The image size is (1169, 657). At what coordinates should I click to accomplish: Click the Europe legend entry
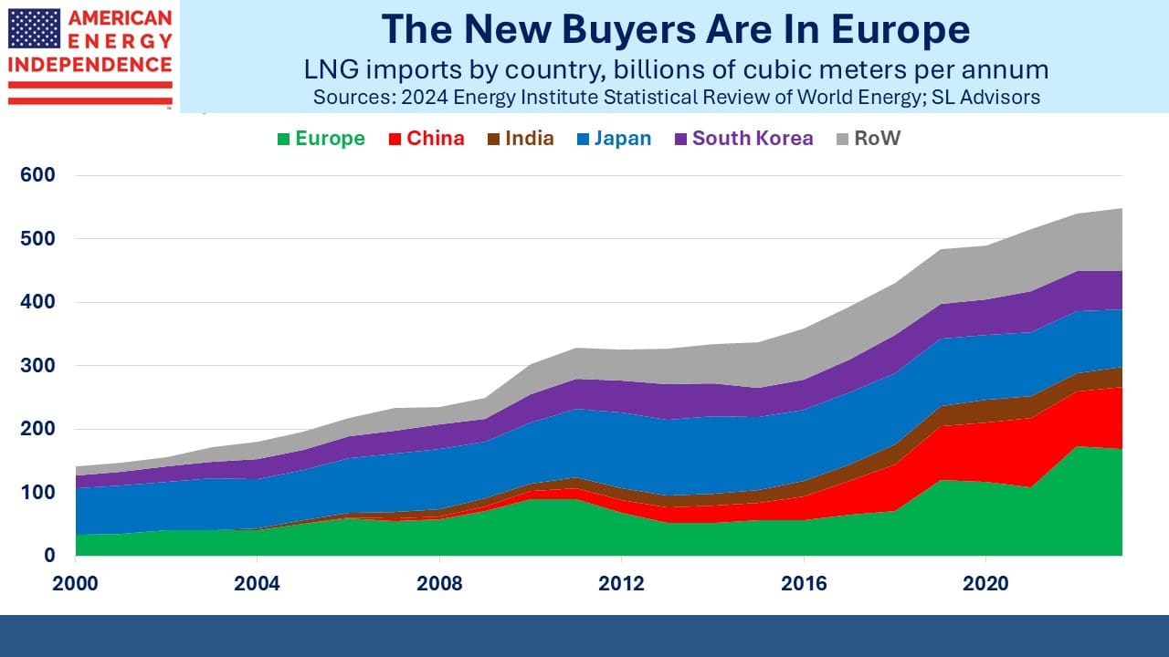click(321, 139)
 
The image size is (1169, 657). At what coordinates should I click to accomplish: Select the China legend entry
click(427, 139)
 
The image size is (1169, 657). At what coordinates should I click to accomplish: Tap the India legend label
click(530, 139)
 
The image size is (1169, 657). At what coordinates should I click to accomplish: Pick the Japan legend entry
click(615, 139)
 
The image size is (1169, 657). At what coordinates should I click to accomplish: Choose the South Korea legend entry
click(743, 139)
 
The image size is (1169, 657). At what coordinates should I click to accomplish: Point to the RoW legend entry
click(869, 139)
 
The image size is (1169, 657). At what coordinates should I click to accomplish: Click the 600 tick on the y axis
click(37, 175)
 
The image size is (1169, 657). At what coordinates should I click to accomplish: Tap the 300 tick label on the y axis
click(37, 366)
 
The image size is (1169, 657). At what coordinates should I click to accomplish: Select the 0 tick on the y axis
click(49, 556)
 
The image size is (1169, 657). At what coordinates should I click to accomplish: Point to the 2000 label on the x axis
click(75, 583)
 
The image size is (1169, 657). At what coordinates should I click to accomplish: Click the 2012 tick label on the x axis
click(621, 583)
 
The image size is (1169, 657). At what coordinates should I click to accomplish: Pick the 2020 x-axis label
click(985, 583)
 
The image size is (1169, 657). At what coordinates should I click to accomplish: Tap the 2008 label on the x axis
click(439, 583)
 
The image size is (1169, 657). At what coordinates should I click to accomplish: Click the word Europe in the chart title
click(900, 31)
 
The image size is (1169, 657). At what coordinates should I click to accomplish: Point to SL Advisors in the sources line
click(985, 98)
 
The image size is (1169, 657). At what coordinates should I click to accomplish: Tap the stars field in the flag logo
click(35, 28)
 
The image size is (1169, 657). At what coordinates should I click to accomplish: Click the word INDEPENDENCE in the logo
click(90, 65)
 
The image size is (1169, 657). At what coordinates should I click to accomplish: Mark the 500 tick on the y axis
click(37, 239)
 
